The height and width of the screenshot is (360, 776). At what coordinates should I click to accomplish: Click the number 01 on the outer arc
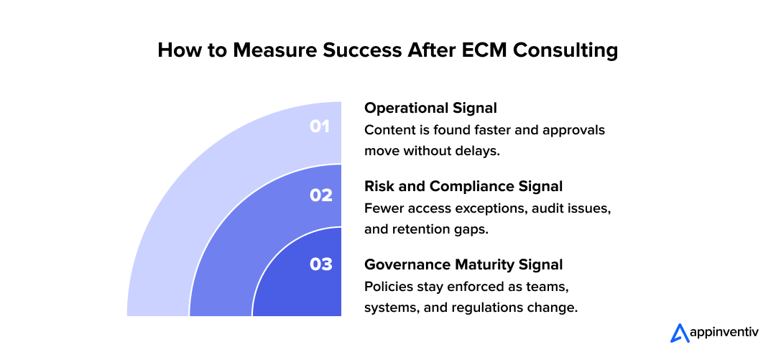tap(320, 126)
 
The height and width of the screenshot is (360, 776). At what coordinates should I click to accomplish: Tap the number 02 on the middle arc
tap(321, 195)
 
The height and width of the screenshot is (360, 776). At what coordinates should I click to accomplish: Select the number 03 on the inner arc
tap(321, 264)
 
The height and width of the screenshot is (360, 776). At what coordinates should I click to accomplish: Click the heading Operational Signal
tap(430, 108)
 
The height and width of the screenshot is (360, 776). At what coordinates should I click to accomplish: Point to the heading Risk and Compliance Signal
tap(463, 186)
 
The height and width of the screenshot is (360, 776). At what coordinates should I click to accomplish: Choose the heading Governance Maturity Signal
tap(463, 264)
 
